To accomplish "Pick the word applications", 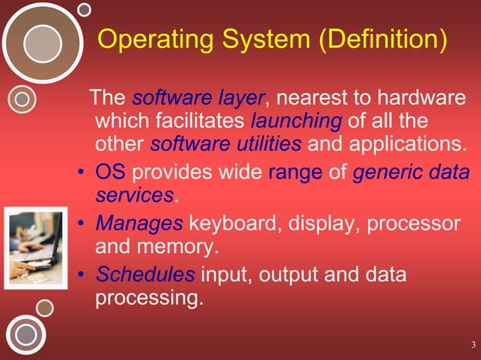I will (412, 143).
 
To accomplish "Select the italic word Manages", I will (139, 224).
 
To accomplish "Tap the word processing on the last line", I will (149, 297).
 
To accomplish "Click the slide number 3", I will (473, 346).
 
